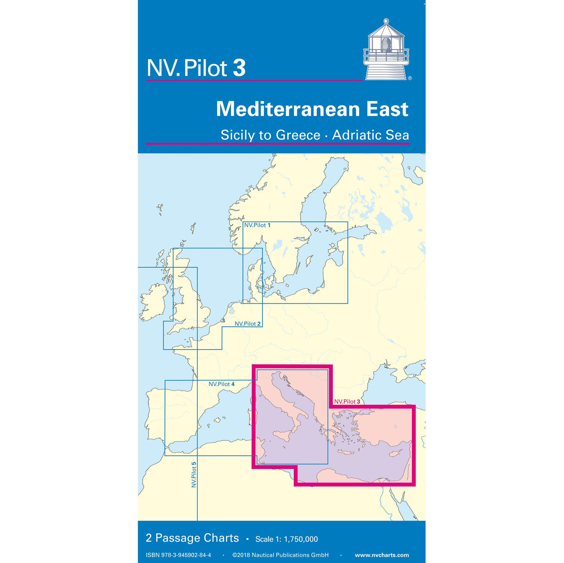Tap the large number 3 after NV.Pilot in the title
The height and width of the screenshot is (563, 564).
pyautogui.click(x=239, y=68)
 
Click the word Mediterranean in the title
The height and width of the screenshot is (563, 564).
pyautogui.click(x=288, y=110)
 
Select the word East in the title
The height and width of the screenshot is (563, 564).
pyautogui.click(x=387, y=110)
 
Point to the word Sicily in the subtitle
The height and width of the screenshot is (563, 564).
pyautogui.click(x=238, y=135)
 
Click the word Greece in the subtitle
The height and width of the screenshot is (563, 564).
pyautogui.click(x=298, y=135)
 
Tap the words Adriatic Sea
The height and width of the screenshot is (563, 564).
pyautogui.click(x=370, y=135)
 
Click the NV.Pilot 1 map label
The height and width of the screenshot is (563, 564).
pyautogui.click(x=257, y=225)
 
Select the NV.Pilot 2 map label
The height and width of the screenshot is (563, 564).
pyautogui.click(x=247, y=324)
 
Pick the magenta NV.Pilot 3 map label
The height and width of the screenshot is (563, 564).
pyautogui.click(x=347, y=401)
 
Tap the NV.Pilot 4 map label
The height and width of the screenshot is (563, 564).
pyautogui.click(x=221, y=384)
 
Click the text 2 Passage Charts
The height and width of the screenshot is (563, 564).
pyautogui.click(x=192, y=538)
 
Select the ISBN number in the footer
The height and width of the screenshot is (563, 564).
pyautogui.click(x=178, y=555)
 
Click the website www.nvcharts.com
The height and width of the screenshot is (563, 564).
pyautogui.click(x=381, y=555)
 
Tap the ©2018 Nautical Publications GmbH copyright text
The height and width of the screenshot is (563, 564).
pyautogui.click(x=280, y=555)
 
